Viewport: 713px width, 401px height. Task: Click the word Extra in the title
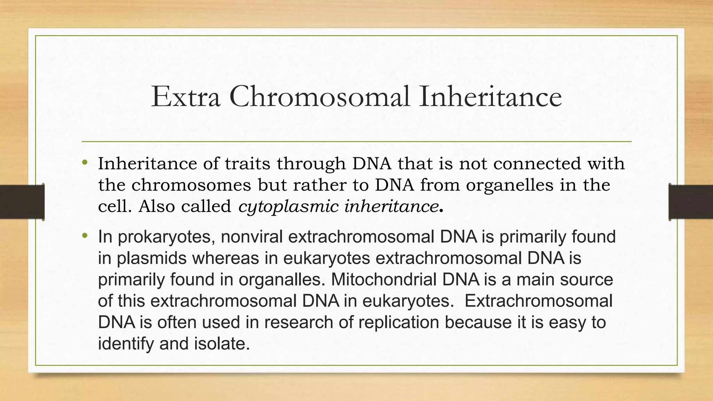186,97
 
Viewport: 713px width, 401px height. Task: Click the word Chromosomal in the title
319,97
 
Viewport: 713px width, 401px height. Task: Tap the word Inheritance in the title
490,97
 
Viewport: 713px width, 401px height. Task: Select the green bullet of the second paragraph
85,236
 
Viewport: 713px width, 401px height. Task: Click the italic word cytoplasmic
288,206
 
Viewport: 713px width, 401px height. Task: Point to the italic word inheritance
391,206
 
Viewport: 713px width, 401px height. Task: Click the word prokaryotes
165,237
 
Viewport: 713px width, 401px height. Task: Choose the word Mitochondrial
383,280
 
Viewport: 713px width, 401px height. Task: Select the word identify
126,344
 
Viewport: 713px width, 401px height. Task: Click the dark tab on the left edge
22,202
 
